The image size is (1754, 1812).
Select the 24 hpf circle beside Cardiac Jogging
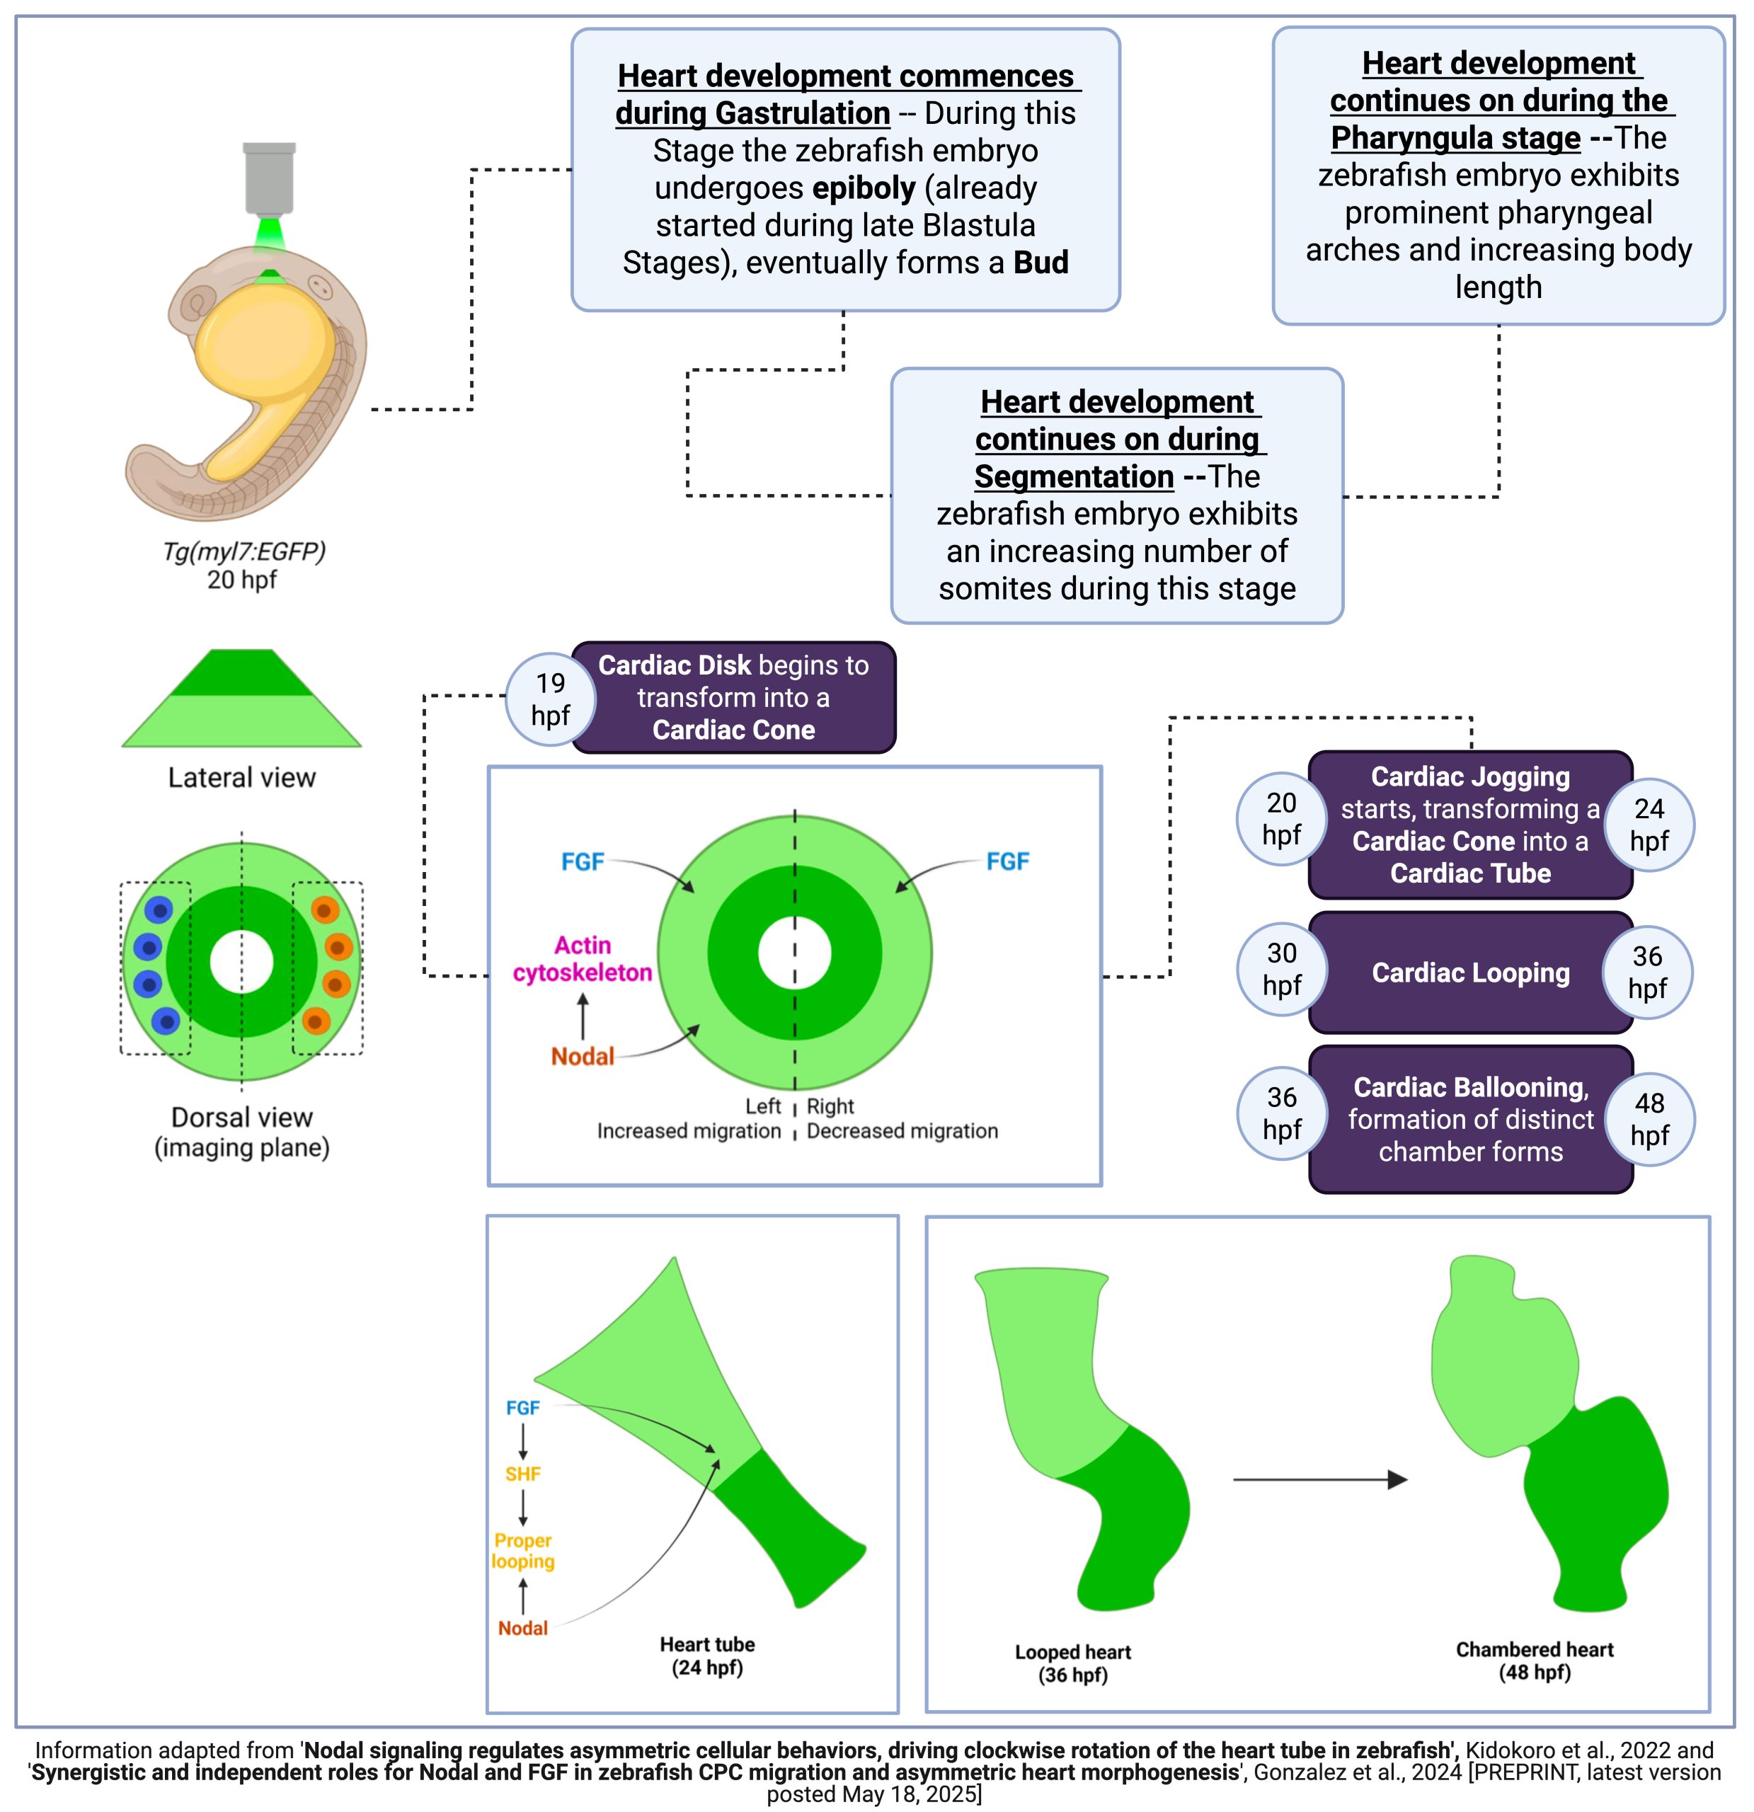1649,825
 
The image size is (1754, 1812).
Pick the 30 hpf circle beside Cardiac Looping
1281,969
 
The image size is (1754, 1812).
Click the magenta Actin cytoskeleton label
583,958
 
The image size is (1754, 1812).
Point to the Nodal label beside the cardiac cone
583,1056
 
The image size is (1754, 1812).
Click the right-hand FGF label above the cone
1007,861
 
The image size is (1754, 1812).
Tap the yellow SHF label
522,1474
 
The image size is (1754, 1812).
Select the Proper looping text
522,1550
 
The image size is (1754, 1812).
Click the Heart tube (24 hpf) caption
707,1656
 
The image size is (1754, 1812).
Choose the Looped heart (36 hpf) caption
1072,1663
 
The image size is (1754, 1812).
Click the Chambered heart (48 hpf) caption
1534,1661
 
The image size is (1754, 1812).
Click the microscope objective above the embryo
269,178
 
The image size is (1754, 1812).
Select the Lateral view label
241,777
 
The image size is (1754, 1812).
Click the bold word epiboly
864,188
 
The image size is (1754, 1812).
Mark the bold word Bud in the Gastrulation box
1041,263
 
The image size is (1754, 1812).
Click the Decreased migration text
902,1130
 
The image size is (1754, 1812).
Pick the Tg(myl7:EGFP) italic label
244,551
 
